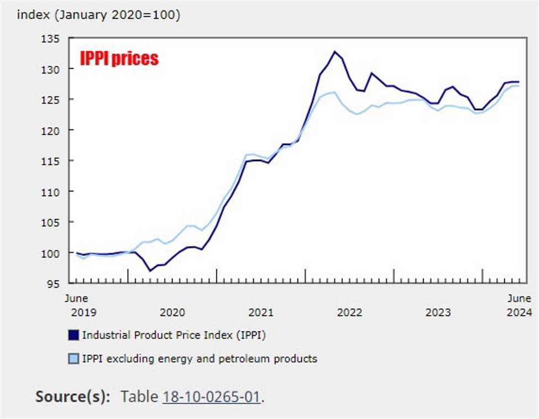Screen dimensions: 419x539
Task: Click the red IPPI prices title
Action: coord(119,58)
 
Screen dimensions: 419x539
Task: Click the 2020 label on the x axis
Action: coord(172,312)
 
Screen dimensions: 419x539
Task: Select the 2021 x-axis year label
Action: coord(260,312)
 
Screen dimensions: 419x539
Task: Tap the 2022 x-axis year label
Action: coord(349,312)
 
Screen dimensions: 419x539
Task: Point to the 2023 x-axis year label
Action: coord(438,312)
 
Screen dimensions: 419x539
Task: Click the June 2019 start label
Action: coord(76,305)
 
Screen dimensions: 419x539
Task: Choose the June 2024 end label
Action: coord(519,305)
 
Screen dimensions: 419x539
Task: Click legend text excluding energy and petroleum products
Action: coord(200,359)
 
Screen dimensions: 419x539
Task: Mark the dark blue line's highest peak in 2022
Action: coord(334,51)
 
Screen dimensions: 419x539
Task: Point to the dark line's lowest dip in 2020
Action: coord(150,271)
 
